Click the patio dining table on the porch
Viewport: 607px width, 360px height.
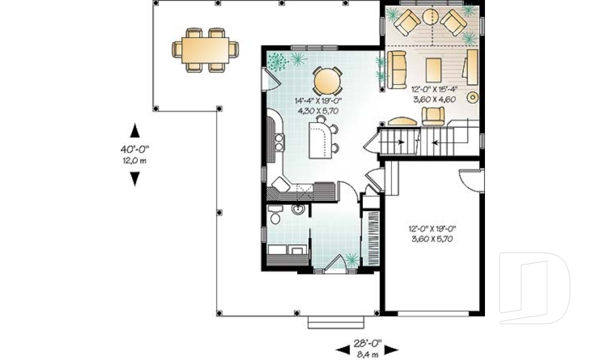205,49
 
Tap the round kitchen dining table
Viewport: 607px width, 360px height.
327,81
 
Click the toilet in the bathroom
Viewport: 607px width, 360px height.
275,214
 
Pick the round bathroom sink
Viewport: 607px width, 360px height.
298,209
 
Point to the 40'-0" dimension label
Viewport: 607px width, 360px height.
134,149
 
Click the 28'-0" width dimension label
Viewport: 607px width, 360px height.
367,342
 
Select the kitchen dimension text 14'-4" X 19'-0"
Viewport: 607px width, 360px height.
318,101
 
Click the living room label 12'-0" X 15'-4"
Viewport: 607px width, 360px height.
434,89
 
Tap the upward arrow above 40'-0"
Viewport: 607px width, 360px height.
135,130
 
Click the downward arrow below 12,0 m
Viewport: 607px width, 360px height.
135,179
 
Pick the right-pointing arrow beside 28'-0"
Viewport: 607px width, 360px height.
390,350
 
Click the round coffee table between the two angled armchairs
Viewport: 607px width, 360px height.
430,17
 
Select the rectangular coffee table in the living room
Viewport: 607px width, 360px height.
434,70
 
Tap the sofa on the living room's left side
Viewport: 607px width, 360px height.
396,70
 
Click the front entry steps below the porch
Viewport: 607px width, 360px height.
336,323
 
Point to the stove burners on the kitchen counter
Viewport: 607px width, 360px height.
279,142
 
